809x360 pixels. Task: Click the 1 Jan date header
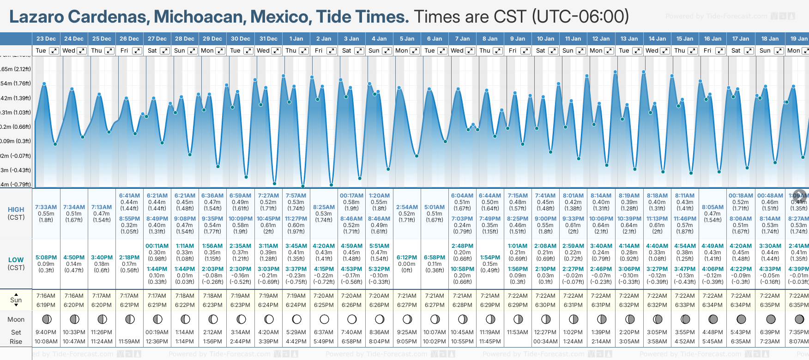296,39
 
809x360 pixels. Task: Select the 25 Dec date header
102,39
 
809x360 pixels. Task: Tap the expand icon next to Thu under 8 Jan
498,51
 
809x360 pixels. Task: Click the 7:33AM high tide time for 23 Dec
46,207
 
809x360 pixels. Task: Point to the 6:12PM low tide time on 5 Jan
407,258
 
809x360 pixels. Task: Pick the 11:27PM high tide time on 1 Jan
296,219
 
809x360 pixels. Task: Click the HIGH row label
16,210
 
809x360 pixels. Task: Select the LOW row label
16,260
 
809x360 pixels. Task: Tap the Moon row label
16,319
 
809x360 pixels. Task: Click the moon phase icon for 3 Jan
352,319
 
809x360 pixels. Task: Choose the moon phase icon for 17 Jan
741,319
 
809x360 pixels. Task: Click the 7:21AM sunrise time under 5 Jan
407,296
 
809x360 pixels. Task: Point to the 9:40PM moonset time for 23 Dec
46,332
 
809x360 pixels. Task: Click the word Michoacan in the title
199,17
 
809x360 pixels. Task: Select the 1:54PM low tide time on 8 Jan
490,258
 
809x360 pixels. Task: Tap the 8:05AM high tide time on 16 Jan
712,207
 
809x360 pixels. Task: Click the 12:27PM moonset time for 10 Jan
545,332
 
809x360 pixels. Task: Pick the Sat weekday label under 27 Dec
152,51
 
